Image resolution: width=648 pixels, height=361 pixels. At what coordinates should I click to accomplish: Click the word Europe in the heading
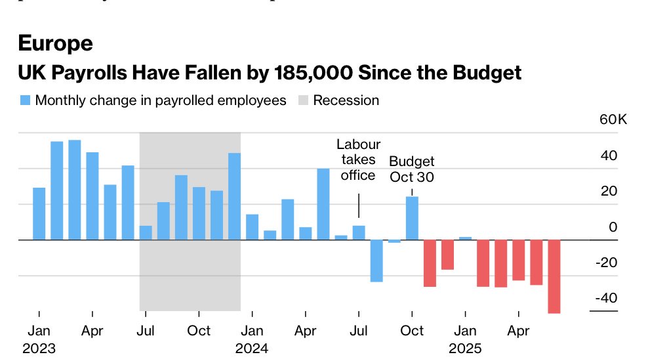[55, 43]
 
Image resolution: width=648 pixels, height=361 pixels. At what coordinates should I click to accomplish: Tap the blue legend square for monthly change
[25, 100]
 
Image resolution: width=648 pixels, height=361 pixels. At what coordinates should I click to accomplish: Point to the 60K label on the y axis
[613, 120]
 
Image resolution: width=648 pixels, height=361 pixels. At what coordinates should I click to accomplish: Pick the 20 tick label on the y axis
[609, 192]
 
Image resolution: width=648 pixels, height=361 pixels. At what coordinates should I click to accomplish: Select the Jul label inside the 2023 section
[146, 330]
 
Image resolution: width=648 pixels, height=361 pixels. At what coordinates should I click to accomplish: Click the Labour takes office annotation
[358, 159]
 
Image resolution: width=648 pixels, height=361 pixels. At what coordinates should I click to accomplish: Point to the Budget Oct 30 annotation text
[411, 169]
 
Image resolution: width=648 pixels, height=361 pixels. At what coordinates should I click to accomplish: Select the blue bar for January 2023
[39, 213]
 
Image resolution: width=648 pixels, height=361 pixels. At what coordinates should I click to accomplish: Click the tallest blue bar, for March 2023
[75, 190]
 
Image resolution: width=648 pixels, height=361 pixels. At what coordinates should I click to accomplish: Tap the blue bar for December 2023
[235, 196]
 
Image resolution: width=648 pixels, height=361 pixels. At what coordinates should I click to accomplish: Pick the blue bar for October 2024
[412, 218]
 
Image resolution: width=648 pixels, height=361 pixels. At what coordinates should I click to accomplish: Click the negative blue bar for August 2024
[376, 261]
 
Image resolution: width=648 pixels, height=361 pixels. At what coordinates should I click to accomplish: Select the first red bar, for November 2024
[430, 263]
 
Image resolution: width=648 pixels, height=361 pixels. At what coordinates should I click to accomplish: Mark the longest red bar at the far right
[554, 276]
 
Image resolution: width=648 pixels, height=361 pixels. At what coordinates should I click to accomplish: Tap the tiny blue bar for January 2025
[465, 238]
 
